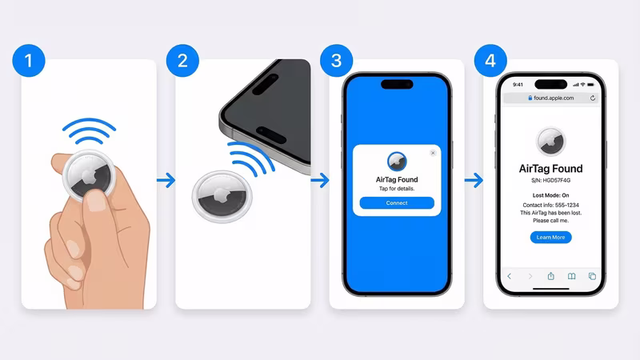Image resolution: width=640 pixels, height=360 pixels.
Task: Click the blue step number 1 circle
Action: coord(29,61)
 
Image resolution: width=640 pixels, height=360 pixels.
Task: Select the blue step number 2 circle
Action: coord(182,61)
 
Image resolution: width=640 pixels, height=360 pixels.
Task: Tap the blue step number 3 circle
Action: coord(337,61)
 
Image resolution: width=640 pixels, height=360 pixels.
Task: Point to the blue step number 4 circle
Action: coord(490,61)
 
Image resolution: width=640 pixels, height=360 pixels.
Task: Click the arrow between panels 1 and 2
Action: coord(166,182)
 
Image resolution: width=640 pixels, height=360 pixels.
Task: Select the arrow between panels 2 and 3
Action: coord(319,182)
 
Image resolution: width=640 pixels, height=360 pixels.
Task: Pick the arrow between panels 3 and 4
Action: coord(474,182)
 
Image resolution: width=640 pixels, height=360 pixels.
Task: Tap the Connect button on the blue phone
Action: coord(397,203)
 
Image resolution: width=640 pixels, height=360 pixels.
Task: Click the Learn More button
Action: coord(550,238)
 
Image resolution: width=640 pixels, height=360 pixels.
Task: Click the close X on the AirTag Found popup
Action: coord(433,152)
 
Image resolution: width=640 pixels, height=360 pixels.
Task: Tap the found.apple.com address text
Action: coord(553,98)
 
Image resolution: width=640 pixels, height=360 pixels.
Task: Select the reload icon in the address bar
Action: coord(593,98)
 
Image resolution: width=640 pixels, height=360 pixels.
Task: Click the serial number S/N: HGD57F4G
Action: coord(550,181)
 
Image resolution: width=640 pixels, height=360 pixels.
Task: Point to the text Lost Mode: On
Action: coord(550,196)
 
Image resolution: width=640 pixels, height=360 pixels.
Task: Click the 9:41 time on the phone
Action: coord(518,84)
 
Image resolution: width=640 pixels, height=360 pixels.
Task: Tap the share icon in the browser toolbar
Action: coord(550,276)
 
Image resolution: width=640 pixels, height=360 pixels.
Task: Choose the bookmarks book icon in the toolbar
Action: coord(571,276)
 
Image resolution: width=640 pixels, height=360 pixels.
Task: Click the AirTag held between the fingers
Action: coord(90,172)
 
